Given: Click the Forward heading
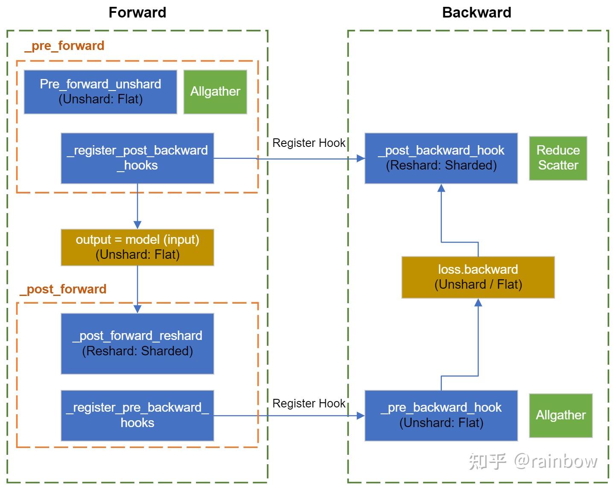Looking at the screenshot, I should (x=137, y=12).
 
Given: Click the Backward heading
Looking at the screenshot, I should (x=476, y=12).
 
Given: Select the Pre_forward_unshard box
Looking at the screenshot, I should (x=100, y=92).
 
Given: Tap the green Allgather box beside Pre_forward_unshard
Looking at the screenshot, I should (x=215, y=92).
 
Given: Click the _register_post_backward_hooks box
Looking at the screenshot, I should (x=137, y=158).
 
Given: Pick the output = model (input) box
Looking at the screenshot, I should (x=137, y=247).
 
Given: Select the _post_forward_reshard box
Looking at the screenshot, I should (x=137, y=343).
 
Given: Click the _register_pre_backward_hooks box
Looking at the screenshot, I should (x=137, y=415).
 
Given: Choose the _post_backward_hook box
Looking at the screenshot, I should (x=441, y=158).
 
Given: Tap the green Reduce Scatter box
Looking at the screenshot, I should (x=558, y=158).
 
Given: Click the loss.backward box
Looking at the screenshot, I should (x=478, y=277).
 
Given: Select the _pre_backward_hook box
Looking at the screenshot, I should (x=441, y=415).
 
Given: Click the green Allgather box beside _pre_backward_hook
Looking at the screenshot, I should (x=560, y=415).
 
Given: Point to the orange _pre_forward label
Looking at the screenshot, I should (x=64, y=46).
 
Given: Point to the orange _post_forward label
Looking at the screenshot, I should (x=63, y=289).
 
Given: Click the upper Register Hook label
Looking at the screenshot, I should (x=309, y=143).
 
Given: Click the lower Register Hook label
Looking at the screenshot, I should (x=309, y=403).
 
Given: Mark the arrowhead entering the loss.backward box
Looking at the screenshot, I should (x=478, y=303).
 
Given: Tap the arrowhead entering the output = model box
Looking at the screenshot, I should (x=137, y=225).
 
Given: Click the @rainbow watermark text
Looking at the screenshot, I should (x=555, y=461).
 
